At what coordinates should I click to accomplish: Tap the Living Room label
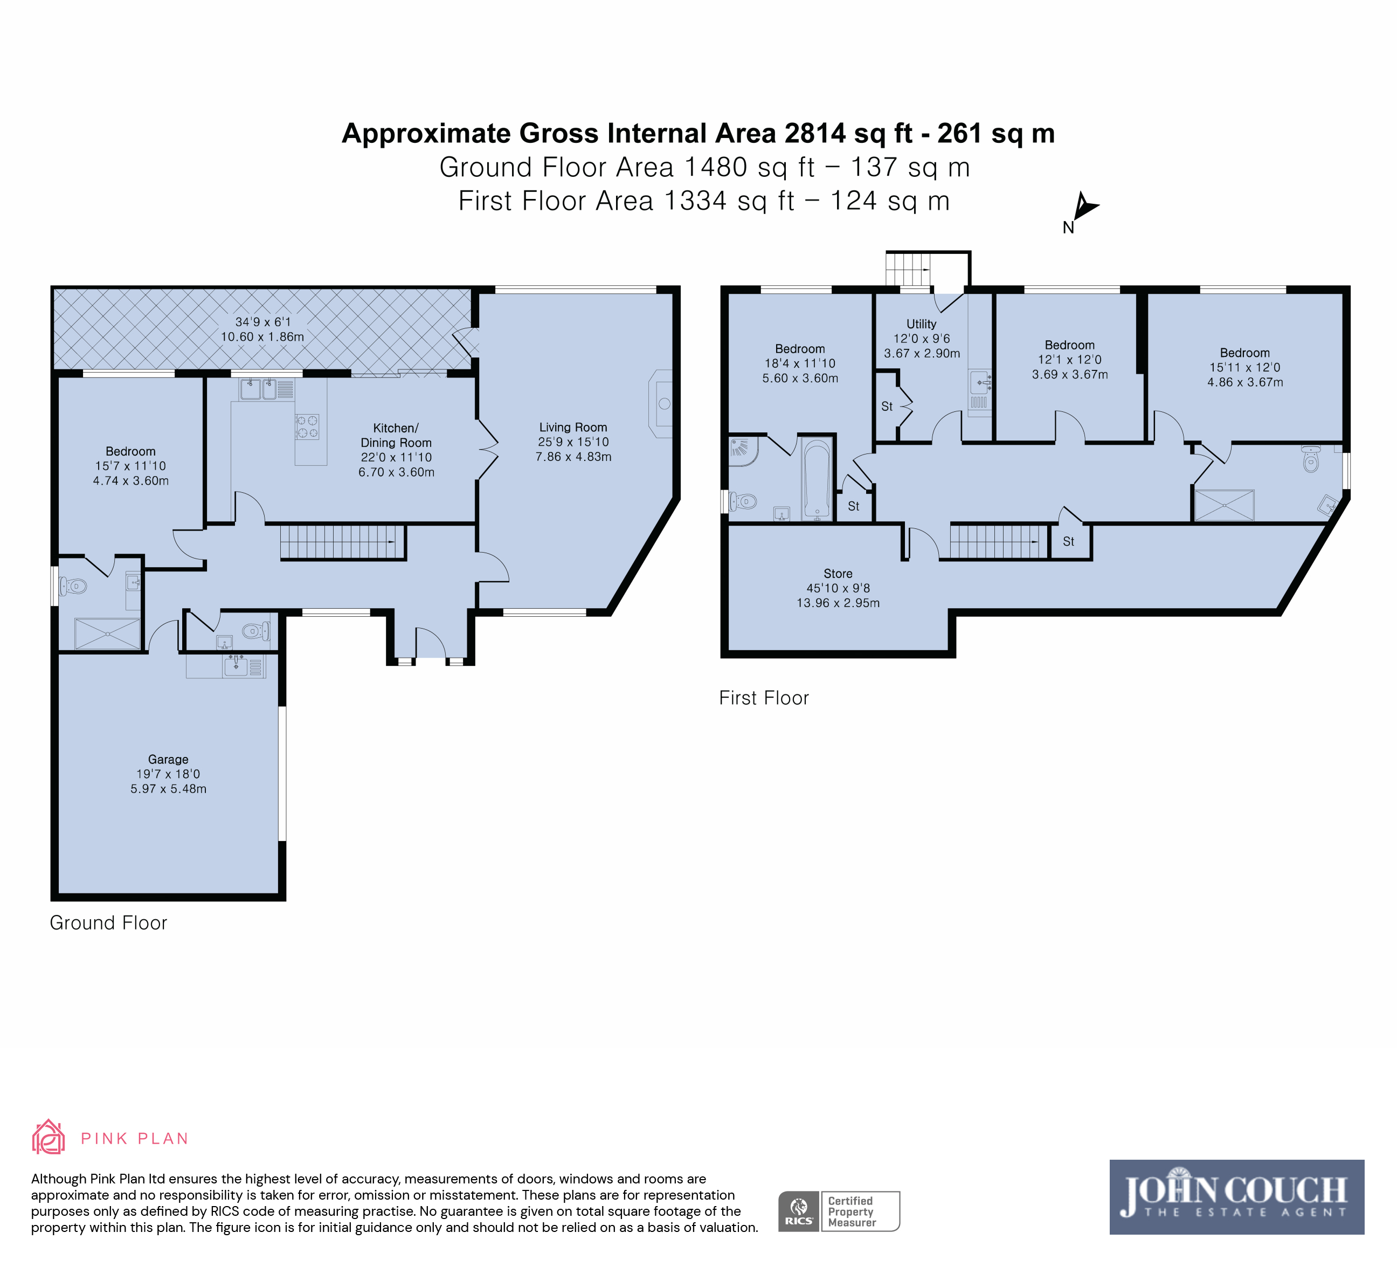pos(573,428)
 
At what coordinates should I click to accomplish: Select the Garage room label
pos(168,760)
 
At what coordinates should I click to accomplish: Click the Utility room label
pos(922,323)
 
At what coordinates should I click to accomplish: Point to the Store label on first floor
pos(838,574)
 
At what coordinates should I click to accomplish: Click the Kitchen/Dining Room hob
pos(307,427)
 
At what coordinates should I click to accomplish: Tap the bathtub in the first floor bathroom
pos(818,478)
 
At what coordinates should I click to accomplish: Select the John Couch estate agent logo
pos(1237,1197)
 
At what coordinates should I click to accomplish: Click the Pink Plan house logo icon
pos(49,1137)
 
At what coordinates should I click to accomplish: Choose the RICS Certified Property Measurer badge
pos(839,1211)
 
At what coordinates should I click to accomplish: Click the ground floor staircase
pos(342,542)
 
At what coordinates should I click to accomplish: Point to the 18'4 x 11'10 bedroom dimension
pos(800,363)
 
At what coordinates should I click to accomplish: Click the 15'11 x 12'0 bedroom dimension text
pos(1245,367)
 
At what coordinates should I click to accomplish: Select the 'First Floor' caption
pos(764,698)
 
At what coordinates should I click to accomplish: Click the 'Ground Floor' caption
pos(108,922)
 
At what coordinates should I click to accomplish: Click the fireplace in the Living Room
pos(660,403)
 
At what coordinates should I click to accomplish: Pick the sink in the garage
pos(236,666)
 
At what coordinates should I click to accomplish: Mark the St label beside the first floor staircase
pos(1069,541)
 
